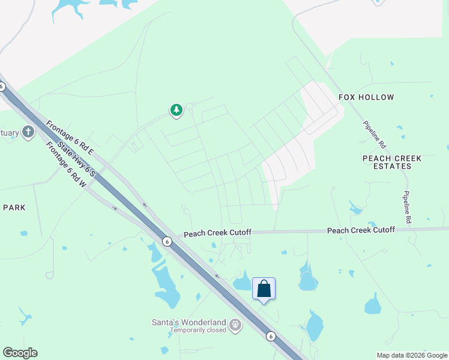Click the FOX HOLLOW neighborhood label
(366, 97)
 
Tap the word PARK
(14, 208)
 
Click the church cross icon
(28, 132)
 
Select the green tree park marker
(176, 110)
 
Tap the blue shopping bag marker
(264, 289)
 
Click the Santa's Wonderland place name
(188, 322)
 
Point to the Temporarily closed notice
(197, 330)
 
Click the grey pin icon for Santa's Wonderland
(235, 325)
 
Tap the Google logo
(20, 353)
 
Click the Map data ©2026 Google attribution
(412, 355)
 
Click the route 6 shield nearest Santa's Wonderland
(271, 336)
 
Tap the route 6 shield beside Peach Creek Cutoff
(167, 241)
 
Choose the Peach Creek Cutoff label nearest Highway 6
(217, 233)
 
